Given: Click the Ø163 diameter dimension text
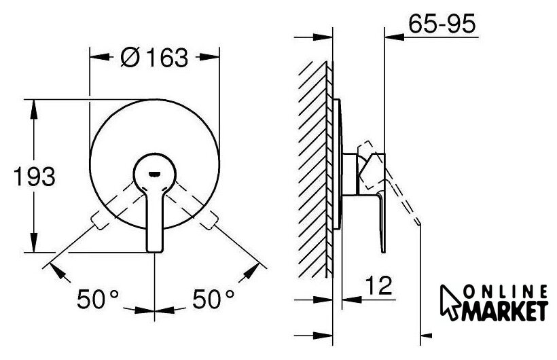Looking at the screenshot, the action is [154, 57].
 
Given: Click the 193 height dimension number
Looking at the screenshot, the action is [35, 177].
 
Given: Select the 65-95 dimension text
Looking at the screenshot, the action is [442, 24].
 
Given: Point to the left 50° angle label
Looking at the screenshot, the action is [98, 299].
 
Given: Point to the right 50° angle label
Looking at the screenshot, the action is [213, 299].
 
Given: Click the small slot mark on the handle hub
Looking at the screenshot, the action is [154, 174].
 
